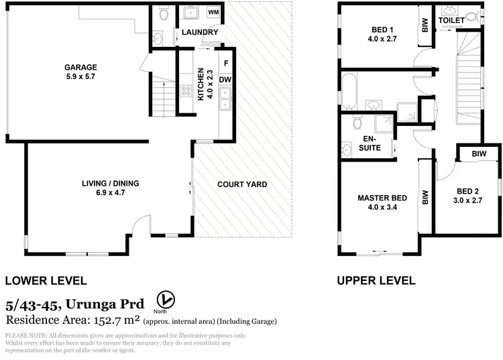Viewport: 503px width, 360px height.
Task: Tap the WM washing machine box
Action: pyautogui.click(x=214, y=13)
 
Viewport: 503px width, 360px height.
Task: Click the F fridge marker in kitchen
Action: pyautogui.click(x=226, y=64)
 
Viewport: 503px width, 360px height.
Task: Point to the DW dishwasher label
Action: pyautogui.click(x=225, y=80)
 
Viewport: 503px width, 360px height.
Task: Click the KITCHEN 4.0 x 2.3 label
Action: pyautogui.click(x=204, y=84)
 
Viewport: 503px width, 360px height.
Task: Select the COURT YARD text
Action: pyautogui.click(x=242, y=184)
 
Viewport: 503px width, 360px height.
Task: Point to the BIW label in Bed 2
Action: pyautogui.click(x=478, y=154)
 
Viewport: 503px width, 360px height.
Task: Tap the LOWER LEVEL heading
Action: pyautogui.click(x=46, y=281)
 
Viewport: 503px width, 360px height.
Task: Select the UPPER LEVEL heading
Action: pyautogui.click(x=376, y=281)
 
